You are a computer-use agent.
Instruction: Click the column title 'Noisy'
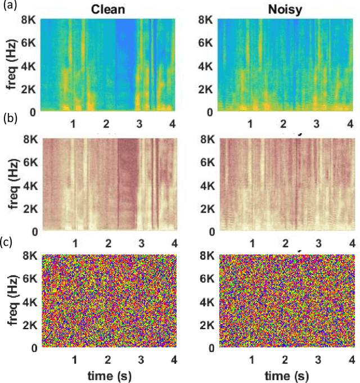click(284, 9)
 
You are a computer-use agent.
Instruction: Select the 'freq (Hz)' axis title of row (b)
click(11, 183)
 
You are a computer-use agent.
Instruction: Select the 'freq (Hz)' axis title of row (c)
click(11, 301)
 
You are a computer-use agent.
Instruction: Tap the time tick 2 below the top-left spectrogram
click(106, 123)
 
